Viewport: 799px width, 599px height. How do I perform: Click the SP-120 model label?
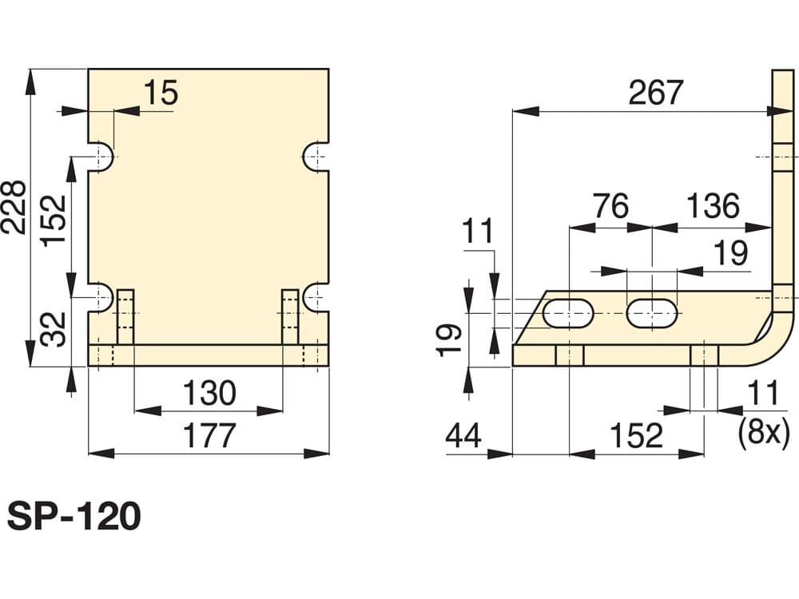tap(74, 517)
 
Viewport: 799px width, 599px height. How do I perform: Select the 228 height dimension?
tap(14, 207)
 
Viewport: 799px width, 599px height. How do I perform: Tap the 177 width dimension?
tap(209, 435)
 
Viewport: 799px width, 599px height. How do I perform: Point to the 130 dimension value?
tap(209, 393)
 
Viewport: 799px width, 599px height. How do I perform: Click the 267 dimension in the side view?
tap(655, 92)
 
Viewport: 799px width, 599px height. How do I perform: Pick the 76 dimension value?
tap(610, 206)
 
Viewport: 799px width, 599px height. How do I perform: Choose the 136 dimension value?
tap(713, 206)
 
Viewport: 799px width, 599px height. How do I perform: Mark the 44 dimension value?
tap(463, 436)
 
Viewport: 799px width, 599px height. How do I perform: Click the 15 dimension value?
tap(161, 93)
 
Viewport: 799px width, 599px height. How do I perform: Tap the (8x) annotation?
tap(764, 433)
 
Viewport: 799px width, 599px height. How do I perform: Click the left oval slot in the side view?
tap(568, 313)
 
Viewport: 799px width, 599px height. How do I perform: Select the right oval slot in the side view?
tap(652, 313)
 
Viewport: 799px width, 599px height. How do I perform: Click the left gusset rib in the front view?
tap(126, 317)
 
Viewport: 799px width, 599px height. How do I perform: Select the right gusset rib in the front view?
tap(291, 317)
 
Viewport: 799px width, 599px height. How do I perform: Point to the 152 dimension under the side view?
tap(637, 436)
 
